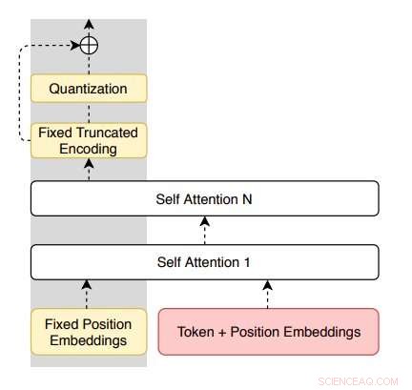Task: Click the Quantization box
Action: click(89, 89)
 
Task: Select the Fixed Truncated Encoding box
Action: click(89, 141)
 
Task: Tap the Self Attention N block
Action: click(205, 200)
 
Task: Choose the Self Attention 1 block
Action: click(205, 260)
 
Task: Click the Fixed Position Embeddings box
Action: click(89, 331)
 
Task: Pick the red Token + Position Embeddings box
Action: click(268, 332)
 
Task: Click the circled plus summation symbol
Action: click(89, 44)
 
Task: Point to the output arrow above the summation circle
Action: click(89, 26)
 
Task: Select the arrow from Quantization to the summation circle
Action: click(89, 64)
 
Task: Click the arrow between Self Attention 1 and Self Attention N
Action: click(205, 231)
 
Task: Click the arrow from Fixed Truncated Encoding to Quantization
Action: click(89, 113)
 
